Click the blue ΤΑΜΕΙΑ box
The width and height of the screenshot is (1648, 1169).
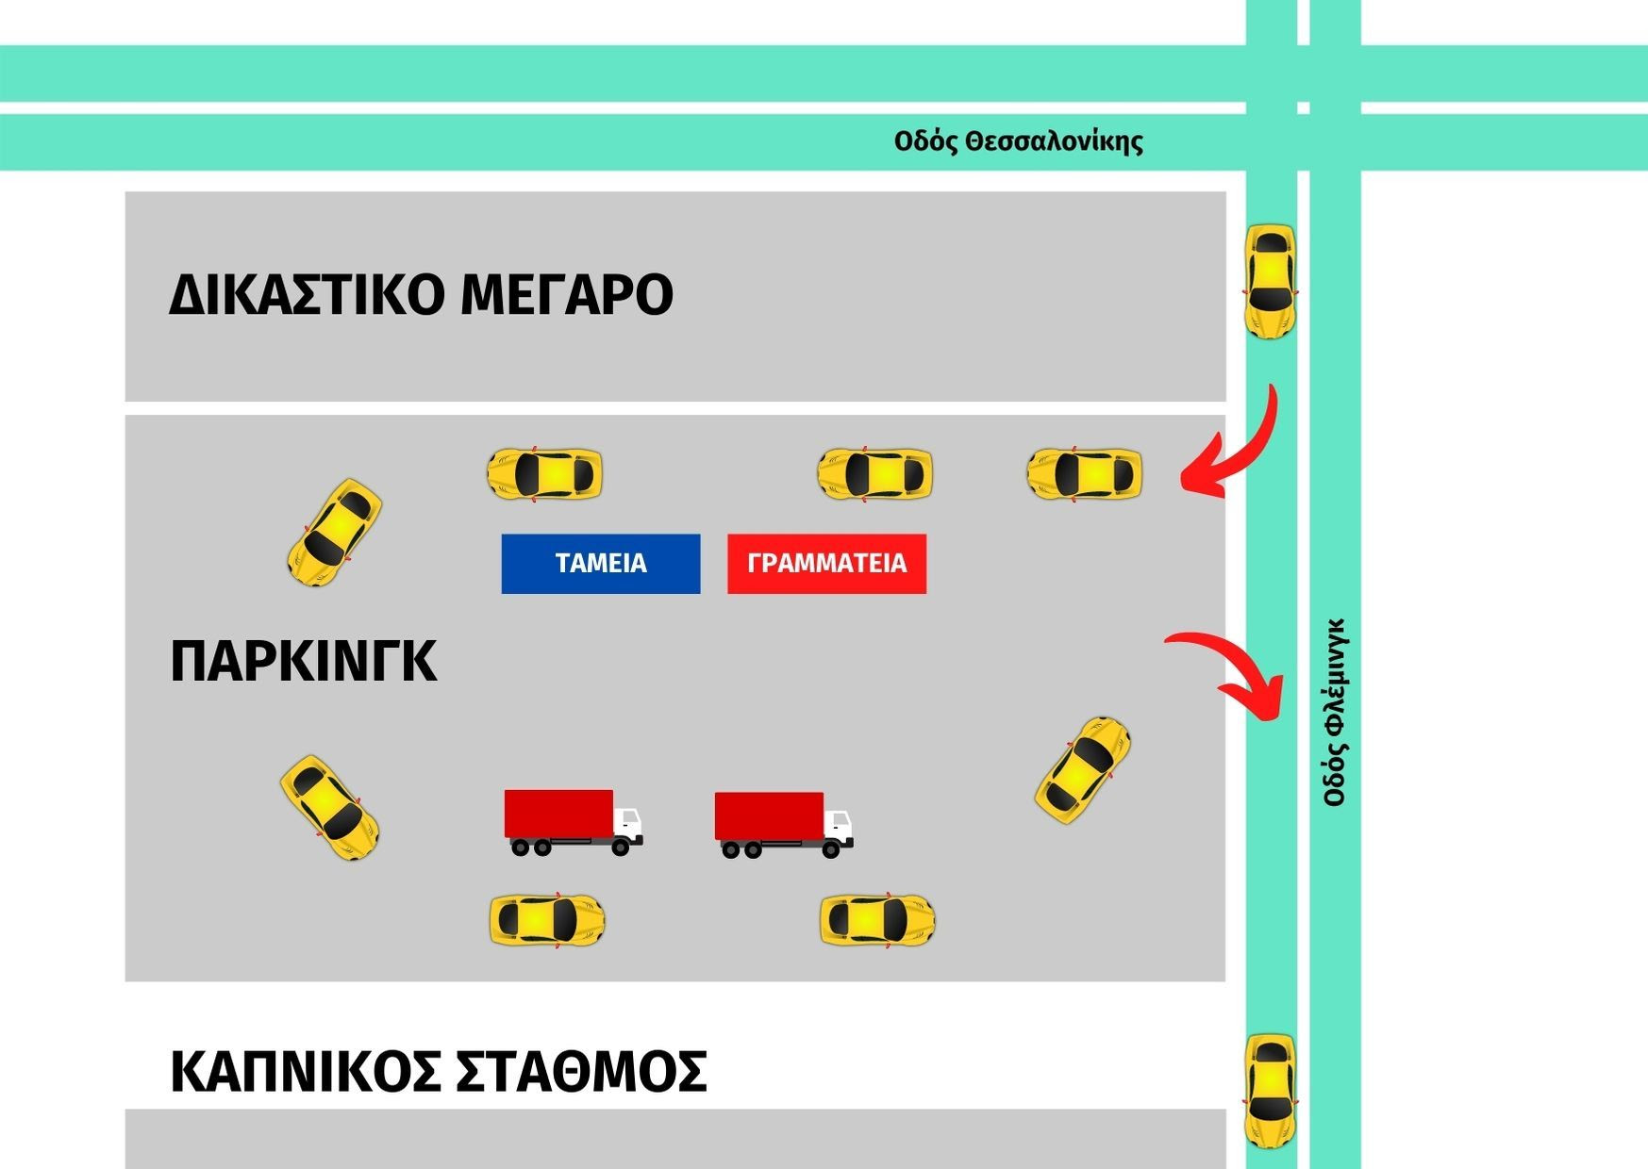[x=601, y=564]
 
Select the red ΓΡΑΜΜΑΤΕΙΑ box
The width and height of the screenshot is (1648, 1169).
[x=826, y=564]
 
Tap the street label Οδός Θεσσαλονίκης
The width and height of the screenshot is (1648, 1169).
[x=1019, y=142]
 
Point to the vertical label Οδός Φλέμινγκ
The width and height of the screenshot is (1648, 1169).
[x=1335, y=713]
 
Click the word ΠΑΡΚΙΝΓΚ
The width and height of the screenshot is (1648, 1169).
[x=303, y=661]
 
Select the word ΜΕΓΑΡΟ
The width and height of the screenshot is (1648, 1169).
[x=567, y=294]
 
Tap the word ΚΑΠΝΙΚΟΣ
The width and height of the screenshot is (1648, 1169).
[x=305, y=1072]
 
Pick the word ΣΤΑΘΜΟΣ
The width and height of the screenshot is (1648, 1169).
[x=581, y=1072]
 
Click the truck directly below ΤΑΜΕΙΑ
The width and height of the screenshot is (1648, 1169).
[x=574, y=823]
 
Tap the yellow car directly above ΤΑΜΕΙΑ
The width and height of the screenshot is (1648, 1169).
[x=544, y=473]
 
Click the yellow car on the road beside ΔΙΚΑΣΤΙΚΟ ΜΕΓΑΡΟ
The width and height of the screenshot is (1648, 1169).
[x=1271, y=282]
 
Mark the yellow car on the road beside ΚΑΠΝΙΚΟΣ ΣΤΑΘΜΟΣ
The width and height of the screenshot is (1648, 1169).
[x=1271, y=1092]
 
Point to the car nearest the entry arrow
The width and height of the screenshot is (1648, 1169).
[x=1084, y=473]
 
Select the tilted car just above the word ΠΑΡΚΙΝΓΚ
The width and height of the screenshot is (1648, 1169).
[x=335, y=532]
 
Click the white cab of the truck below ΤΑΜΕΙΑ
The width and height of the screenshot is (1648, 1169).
[x=627, y=825]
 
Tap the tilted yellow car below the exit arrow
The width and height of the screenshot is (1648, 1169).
[x=1083, y=770]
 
